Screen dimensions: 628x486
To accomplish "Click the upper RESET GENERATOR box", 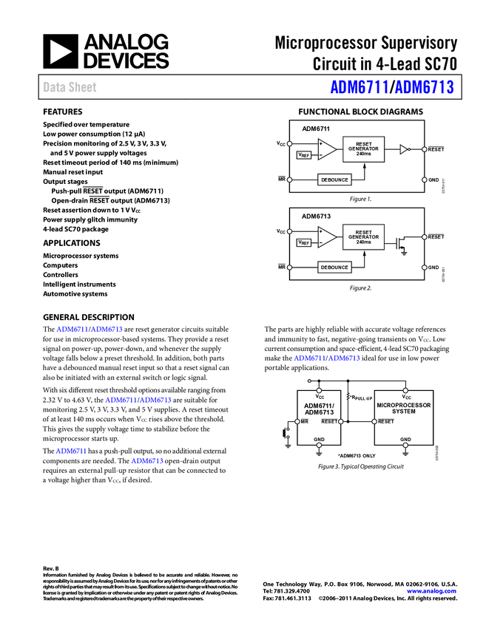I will coord(363,149).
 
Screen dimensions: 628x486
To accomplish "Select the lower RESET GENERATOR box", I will coord(363,237).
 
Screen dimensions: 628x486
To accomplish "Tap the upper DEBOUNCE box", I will coord(334,180).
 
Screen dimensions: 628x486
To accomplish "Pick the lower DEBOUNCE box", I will coord(334,267).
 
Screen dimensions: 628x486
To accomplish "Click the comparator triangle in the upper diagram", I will coord(326,149).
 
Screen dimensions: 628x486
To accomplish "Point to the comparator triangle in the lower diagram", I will coord(326,237).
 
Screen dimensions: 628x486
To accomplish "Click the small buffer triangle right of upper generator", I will coord(404,149).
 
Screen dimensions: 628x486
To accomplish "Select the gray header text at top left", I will coord(70,87).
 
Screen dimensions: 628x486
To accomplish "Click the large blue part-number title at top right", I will coord(392,87).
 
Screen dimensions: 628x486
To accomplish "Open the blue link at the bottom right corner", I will coord(431,591).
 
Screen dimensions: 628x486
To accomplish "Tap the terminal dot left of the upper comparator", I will coord(289,143).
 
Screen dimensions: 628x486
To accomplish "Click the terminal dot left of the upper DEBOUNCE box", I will coord(289,180).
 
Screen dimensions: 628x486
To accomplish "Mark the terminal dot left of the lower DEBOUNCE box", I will coord(289,267).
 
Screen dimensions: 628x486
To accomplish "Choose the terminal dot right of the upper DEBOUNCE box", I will coord(425,180).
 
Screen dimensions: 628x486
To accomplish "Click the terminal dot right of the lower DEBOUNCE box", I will coord(425,267).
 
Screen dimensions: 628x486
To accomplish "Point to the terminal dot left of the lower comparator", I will coord(289,231).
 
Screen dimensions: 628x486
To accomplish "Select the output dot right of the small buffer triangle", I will coord(425,149).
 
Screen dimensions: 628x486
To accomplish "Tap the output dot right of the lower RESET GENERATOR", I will coord(425,237).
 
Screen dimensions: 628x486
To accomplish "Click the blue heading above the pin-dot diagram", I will coord(328,358).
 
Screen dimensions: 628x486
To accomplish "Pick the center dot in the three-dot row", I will coord(340,421).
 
